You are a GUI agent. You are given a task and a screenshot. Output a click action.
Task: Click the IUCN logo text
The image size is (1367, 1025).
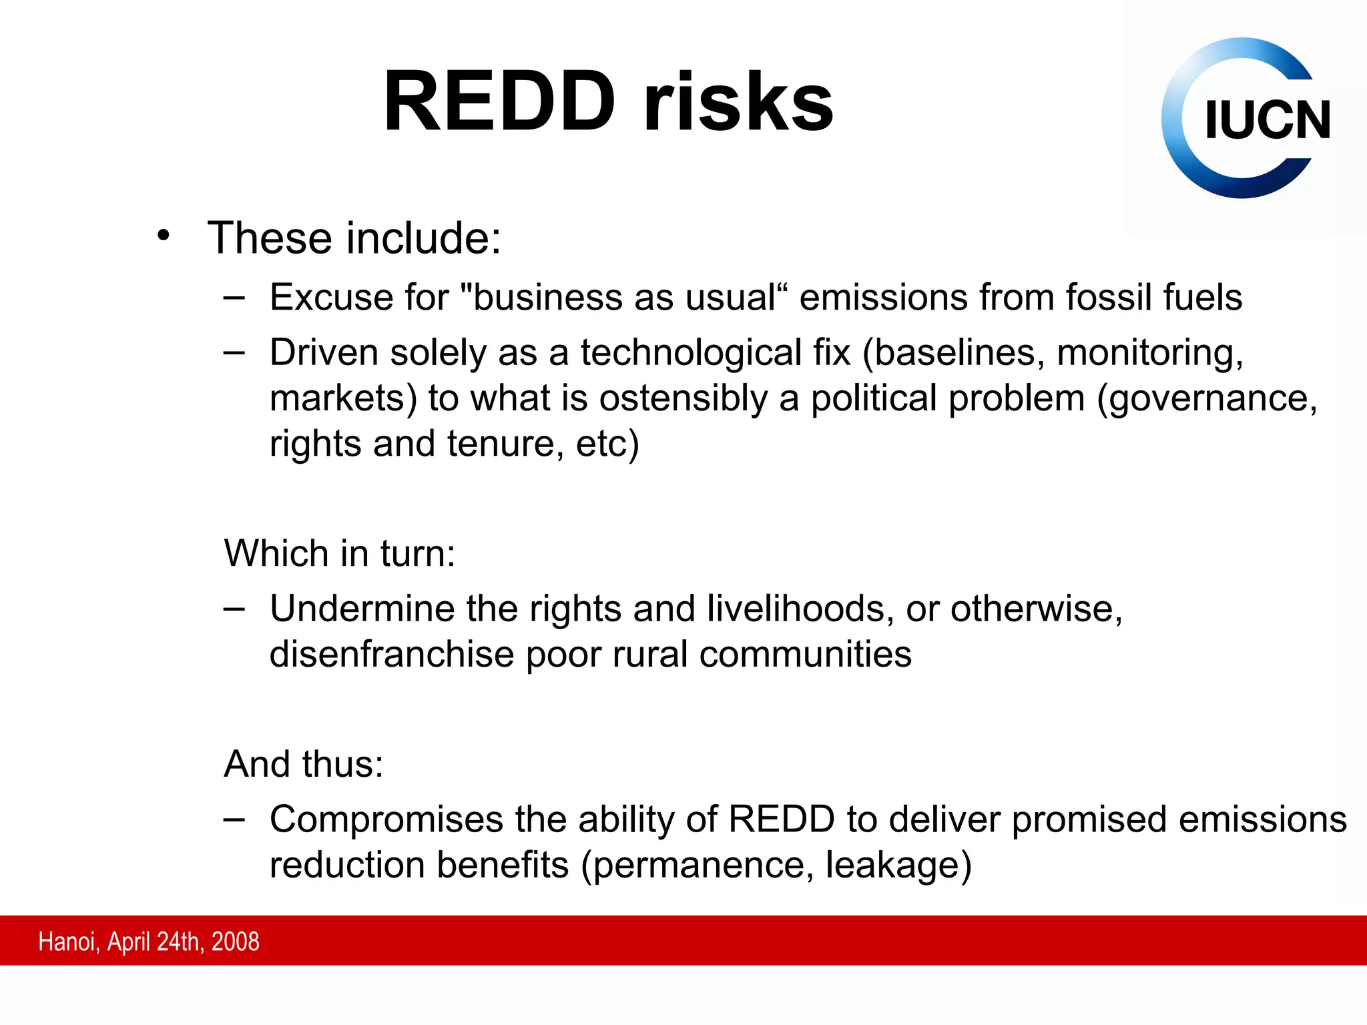click(1267, 120)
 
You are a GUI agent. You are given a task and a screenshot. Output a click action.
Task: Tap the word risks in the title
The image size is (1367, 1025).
click(738, 102)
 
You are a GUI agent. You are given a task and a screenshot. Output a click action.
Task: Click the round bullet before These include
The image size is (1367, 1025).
click(164, 236)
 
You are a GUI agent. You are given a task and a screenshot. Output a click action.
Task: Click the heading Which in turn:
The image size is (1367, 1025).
click(340, 553)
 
